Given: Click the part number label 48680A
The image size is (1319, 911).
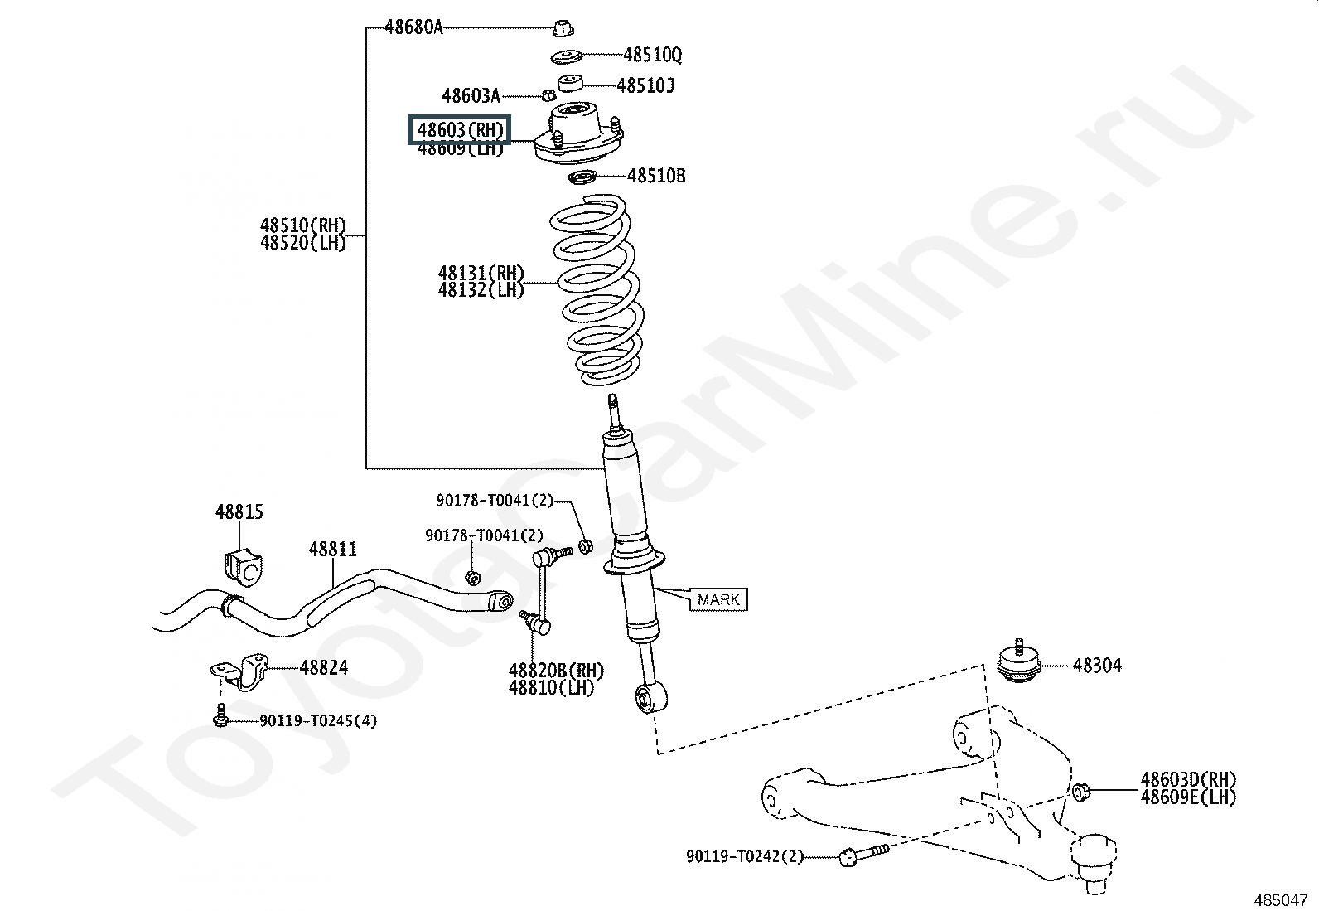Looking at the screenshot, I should pyautogui.click(x=413, y=27).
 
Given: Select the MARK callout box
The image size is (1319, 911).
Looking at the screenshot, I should pyautogui.click(x=718, y=599).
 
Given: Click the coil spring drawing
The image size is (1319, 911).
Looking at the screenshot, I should pyautogui.click(x=594, y=290).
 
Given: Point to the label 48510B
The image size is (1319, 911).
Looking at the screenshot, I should pyautogui.click(x=656, y=176).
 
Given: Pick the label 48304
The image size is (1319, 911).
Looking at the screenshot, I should pyautogui.click(x=1097, y=665).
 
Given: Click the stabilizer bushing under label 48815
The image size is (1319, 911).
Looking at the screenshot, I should pyautogui.click(x=240, y=564).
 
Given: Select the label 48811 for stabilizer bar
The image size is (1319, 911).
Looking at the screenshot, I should pyautogui.click(x=333, y=549).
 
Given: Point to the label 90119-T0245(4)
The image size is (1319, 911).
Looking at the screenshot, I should pyautogui.click(x=318, y=720).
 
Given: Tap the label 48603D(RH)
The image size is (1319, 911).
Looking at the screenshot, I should pyautogui.click(x=1188, y=779).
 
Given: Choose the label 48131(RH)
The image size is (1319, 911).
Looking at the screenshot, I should pyautogui.click(x=481, y=273).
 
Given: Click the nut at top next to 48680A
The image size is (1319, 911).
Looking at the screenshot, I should pyautogui.click(x=563, y=28).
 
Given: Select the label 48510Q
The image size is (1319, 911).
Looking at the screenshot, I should pyautogui.click(x=652, y=56).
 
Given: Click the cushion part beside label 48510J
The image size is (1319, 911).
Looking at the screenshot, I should pyautogui.click(x=569, y=83).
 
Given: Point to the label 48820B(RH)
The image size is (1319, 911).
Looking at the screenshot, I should pyautogui.click(x=556, y=670).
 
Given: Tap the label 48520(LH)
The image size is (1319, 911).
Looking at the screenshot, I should pyautogui.click(x=303, y=243).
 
